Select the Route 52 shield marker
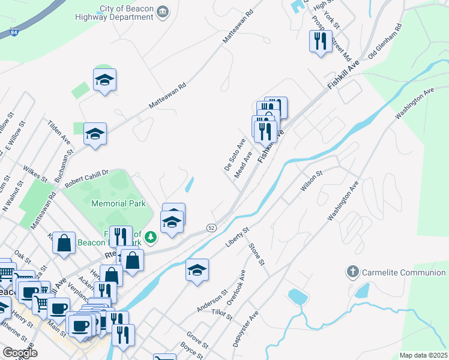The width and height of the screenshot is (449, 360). point(211,227)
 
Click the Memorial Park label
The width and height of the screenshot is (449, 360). point(119,204)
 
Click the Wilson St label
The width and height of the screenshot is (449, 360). point(312,181)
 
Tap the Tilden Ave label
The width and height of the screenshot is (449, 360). point(59,131)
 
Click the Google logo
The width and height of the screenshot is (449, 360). point(20,353)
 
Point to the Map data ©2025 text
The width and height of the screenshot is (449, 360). point(423,355)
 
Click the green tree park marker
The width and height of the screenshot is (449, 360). point(150,238)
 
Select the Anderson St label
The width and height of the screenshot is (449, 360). point(212,301)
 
